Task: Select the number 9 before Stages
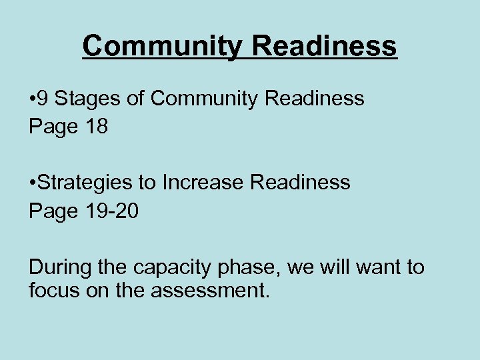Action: pyautogui.click(x=42, y=99)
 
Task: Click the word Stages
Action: pyautogui.click(x=85, y=99)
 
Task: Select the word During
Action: pyautogui.click(x=59, y=267)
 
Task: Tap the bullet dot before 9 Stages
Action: pyautogui.click(x=32, y=99)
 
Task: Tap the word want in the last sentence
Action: pyautogui.click(x=378, y=267)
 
